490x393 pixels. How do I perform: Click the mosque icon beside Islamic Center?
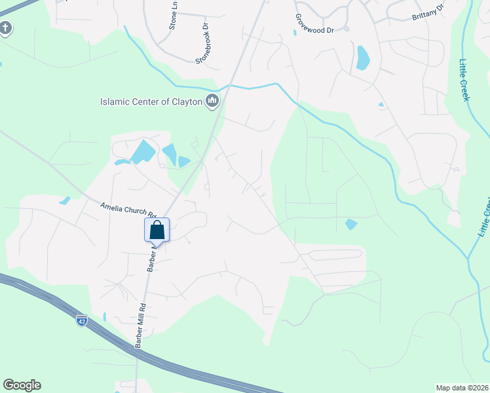point(212,102)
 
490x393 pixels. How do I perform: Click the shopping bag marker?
point(157,231)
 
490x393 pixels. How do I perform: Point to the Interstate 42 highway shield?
point(81,320)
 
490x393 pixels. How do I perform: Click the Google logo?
point(22,385)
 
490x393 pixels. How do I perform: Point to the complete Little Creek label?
point(464,80)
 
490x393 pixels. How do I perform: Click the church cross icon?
point(5,29)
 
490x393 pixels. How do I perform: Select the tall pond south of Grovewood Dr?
point(362,58)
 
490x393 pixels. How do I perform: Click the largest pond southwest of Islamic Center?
point(143,152)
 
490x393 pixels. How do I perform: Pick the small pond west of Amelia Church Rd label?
point(64,200)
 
